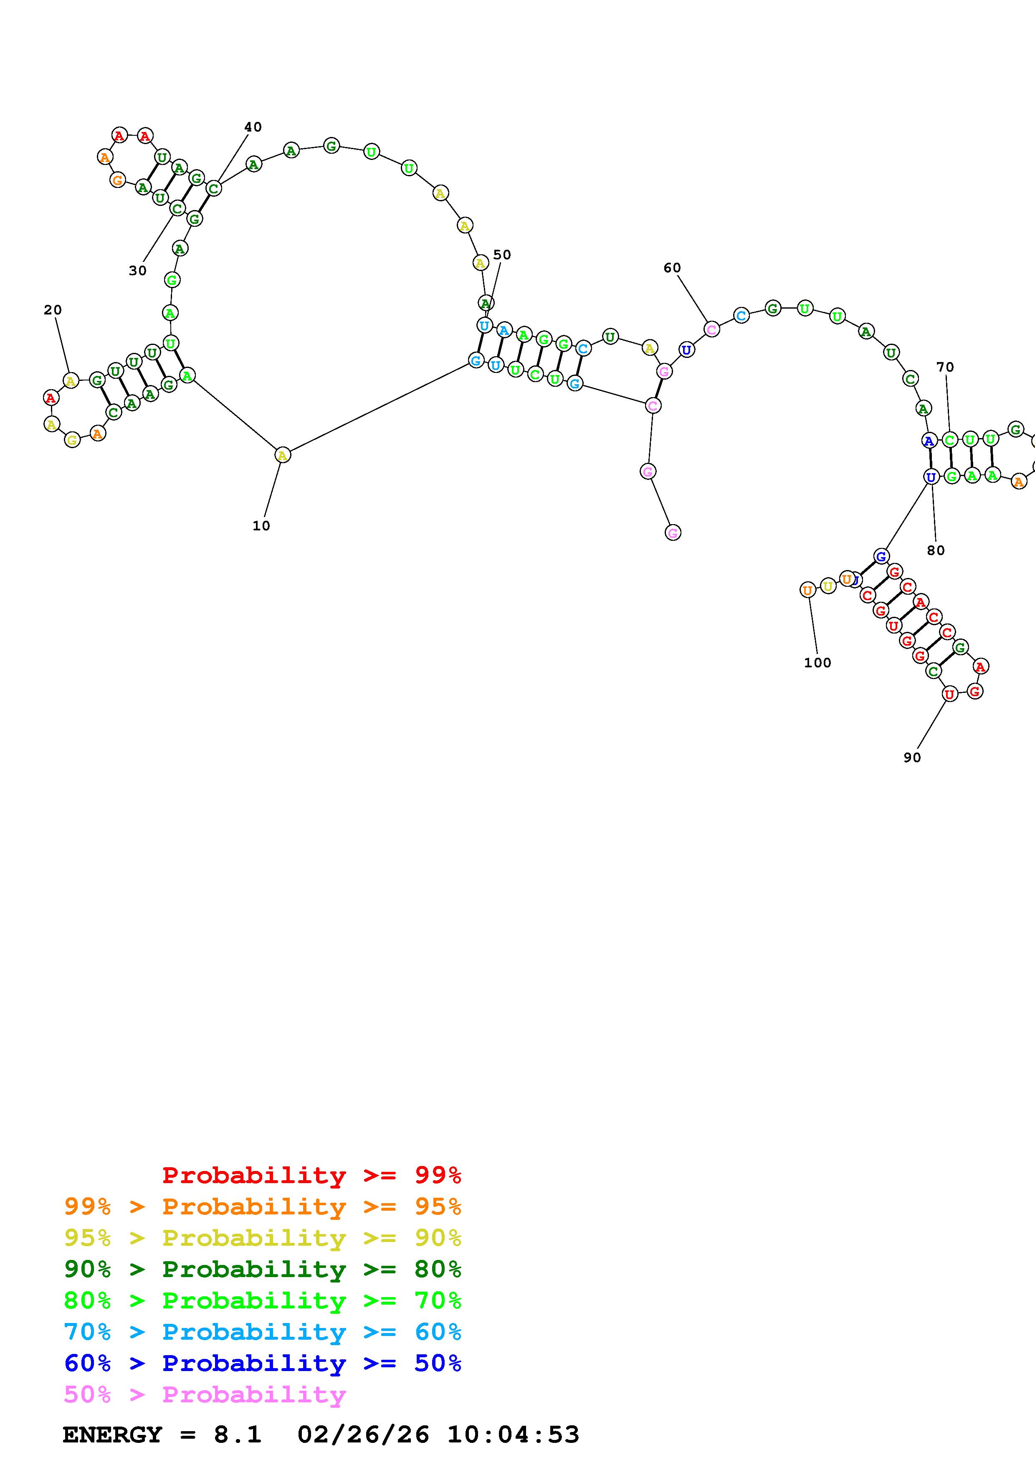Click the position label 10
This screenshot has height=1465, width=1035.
[x=261, y=526]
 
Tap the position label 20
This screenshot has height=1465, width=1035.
[x=53, y=310]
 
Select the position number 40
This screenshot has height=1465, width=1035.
[x=253, y=127]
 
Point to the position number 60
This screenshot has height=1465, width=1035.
[x=672, y=268]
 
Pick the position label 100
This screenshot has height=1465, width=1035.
[x=817, y=663]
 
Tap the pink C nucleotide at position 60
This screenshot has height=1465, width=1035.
[x=712, y=329]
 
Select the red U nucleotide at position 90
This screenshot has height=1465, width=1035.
[x=949, y=694]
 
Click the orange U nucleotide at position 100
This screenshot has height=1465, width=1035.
[x=807, y=590]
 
